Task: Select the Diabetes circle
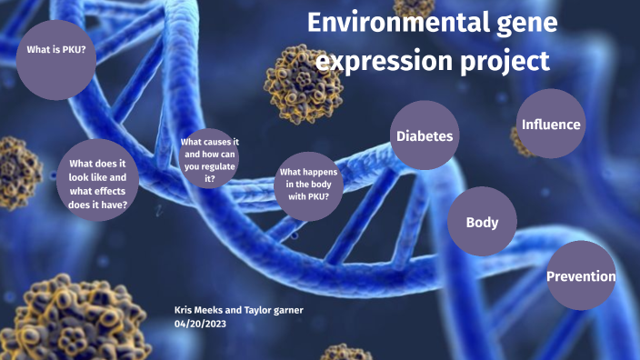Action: [x=424, y=135]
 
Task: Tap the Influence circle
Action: [x=551, y=124]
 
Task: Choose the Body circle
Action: [x=482, y=222]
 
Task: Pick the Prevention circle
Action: [x=581, y=275]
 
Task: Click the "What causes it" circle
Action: [x=210, y=160]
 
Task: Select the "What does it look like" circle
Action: [x=98, y=184]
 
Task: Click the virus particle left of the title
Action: [x=304, y=84]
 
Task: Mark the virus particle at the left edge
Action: [x=15, y=173]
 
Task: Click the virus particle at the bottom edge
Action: [x=345, y=352]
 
